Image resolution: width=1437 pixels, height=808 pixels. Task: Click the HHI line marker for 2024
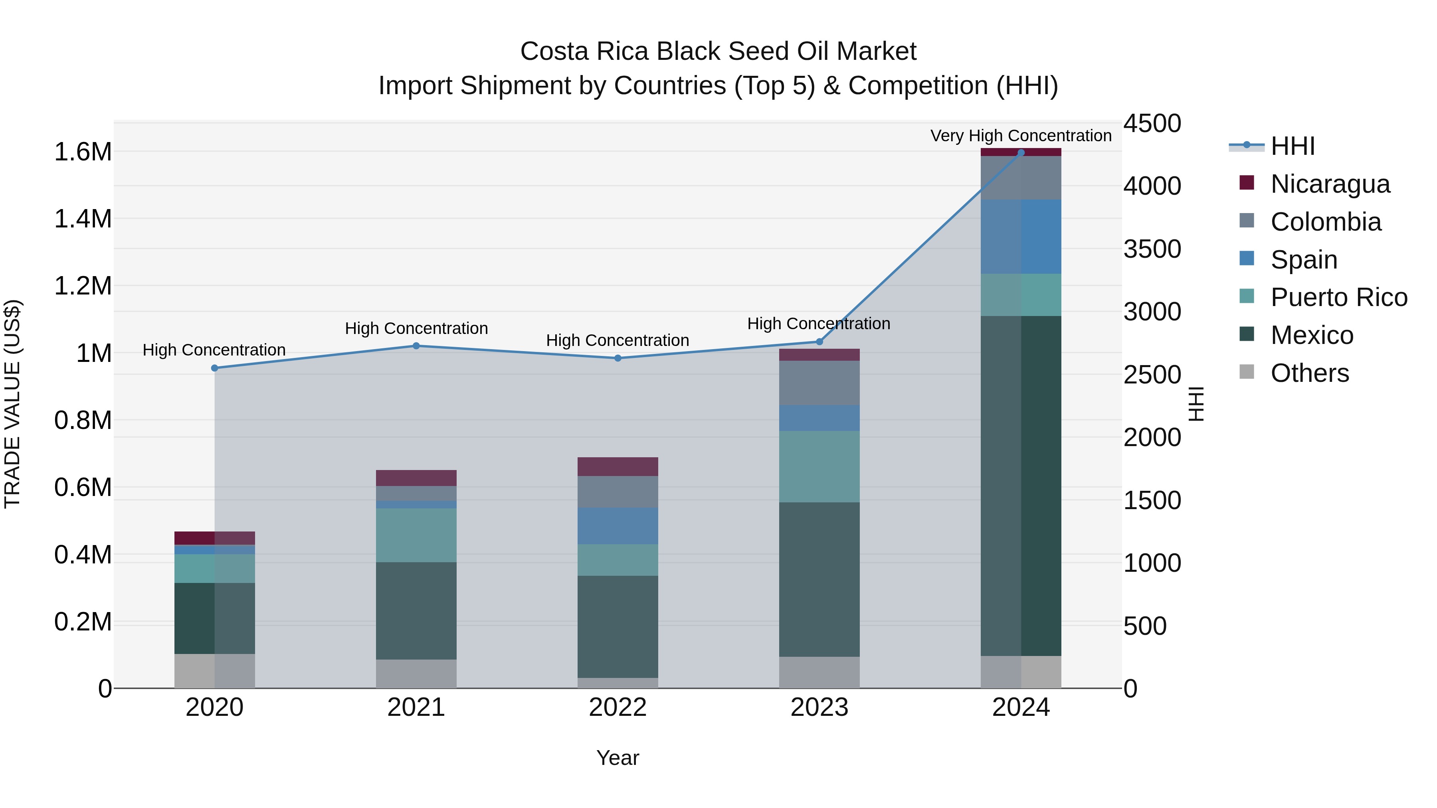[1021, 152]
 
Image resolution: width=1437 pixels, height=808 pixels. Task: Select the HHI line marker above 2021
[416, 346]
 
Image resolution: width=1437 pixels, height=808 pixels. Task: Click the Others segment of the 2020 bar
[215, 671]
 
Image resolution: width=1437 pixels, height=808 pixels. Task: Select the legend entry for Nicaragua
[1330, 184]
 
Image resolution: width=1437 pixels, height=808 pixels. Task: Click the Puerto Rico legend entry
[1339, 297]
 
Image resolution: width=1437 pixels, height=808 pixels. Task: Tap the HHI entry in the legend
[1292, 146]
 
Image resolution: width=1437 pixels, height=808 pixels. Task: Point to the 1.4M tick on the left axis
[83, 219]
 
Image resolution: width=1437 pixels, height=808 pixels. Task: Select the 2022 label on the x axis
[618, 707]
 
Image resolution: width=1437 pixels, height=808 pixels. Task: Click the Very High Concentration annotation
[1021, 136]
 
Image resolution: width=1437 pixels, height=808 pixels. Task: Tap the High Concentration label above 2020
[214, 350]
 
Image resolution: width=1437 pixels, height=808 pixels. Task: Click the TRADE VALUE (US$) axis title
[12, 404]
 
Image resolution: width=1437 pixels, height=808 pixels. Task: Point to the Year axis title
[618, 758]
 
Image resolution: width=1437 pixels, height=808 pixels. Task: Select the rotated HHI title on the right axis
[1196, 404]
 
